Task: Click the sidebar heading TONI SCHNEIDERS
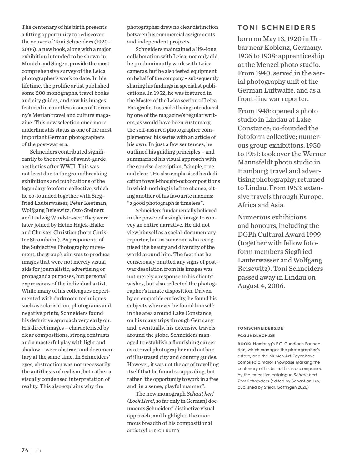277,28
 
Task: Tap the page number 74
25,451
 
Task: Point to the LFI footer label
38,451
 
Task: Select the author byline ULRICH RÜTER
164,431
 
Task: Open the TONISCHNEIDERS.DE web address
260,328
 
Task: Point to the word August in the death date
249,286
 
